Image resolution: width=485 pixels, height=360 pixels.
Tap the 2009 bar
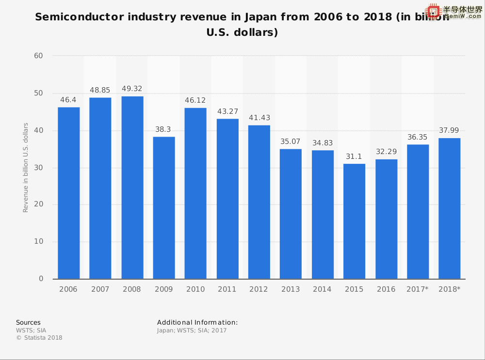click(x=164, y=208)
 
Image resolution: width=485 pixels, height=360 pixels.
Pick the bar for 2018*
click(x=450, y=208)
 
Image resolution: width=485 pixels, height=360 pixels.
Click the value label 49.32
click(x=132, y=89)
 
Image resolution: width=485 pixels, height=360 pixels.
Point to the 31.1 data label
click(x=355, y=157)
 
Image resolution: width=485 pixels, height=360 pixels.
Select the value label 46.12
click(x=195, y=100)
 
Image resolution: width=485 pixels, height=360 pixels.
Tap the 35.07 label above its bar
click(x=291, y=141)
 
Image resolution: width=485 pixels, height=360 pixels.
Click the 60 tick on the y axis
click(x=38, y=56)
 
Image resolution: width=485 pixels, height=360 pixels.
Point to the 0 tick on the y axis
click(x=41, y=279)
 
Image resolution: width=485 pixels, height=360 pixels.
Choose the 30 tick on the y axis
click(x=38, y=168)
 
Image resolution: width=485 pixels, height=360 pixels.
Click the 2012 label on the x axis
click(x=259, y=289)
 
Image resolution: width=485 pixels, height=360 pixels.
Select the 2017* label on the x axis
click(x=418, y=289)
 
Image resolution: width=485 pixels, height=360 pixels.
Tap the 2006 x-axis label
click(x=68, y=289)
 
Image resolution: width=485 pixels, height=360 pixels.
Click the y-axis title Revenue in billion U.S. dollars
click(x=26, y=167)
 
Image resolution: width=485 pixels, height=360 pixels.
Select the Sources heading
click(x=28, y=322)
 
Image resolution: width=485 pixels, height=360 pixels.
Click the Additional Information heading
click(x=197, y=322)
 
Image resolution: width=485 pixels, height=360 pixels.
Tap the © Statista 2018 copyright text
click(x=39, y=338)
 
